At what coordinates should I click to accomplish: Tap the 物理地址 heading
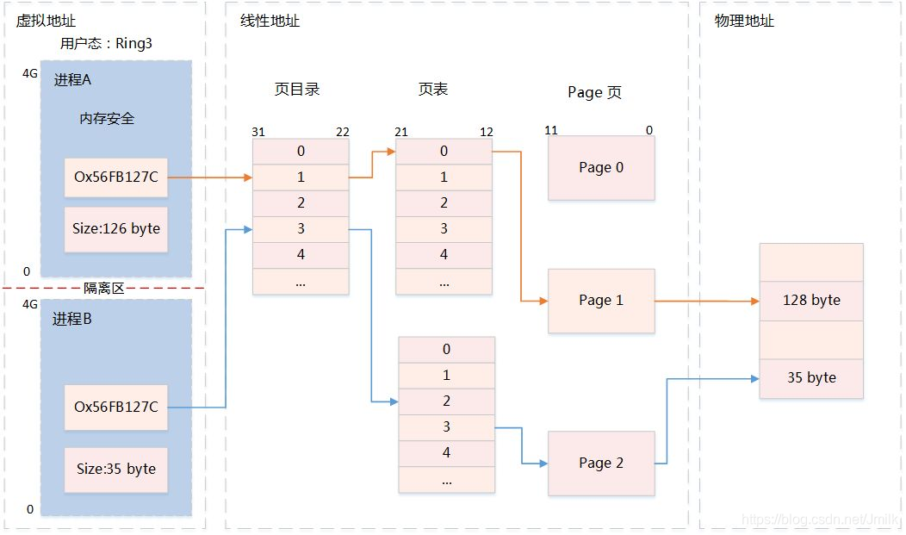tap(744, 21)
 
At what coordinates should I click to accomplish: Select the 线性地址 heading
tap(270, 21)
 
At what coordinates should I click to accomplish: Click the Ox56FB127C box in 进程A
tap(115, 177)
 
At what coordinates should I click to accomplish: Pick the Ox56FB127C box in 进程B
tap(115, 407)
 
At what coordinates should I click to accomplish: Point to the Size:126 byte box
tap(115, 229)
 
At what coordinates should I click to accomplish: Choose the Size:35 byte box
tap(115, 469)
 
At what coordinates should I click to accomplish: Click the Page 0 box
tap(601, 168)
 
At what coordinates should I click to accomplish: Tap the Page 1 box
tap(601, 301)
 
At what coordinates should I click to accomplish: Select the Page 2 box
tap(601, 463)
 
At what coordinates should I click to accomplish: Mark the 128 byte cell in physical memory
tap(811, 301)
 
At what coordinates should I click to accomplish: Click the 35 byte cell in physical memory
tap(811, 377)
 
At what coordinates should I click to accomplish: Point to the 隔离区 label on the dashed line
tap(103, 288)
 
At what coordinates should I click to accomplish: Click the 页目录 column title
tap(297, 90)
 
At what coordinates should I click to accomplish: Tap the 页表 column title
tap(433, 90)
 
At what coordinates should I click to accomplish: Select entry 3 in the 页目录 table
tap(301, 229)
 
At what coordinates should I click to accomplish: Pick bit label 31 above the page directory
tap(258, 132)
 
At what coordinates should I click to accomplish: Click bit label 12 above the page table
tap(487, 132)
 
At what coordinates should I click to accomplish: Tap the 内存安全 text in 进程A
tap(107, 119)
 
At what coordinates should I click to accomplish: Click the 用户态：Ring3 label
tap(106, 43)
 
